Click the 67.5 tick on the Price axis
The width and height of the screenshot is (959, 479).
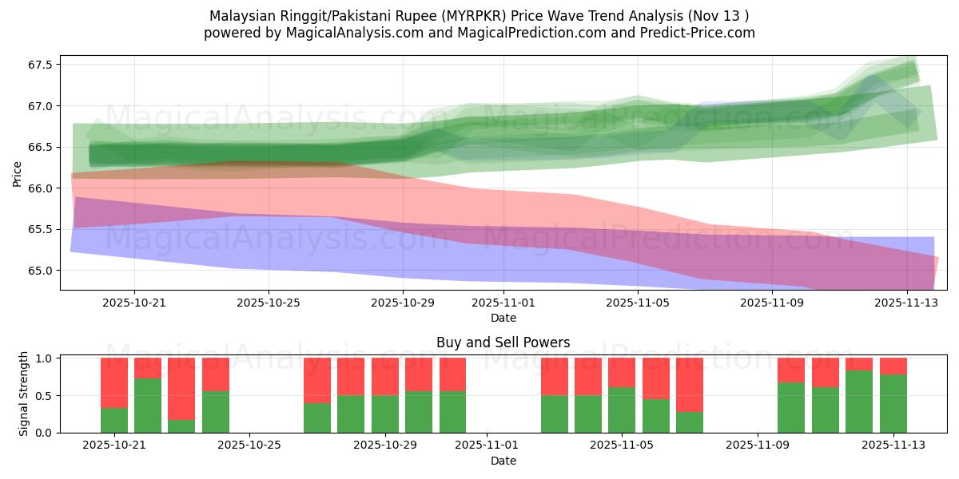tap(39, 65)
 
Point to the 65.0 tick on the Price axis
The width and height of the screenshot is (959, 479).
tap(39, 271)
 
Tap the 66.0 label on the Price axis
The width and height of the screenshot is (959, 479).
tap(39, 188)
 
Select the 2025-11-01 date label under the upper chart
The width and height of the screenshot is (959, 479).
tap(503, 303)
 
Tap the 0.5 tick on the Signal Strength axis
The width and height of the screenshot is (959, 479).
tap(44, 396)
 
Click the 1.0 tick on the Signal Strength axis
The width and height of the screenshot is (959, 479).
tap(44, 358)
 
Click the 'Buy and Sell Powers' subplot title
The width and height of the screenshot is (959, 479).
tap(503, 342)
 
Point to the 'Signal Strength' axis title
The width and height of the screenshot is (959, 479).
tap(24, 394)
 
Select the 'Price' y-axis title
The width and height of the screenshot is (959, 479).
tap(18, 172)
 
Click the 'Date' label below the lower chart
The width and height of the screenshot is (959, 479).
tap(503, 461)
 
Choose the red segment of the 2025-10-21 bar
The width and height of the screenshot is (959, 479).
tap(114, 382)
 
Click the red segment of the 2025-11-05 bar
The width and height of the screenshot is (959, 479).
tap(622, 372)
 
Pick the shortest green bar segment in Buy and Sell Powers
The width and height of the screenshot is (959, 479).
tap(181, 426)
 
